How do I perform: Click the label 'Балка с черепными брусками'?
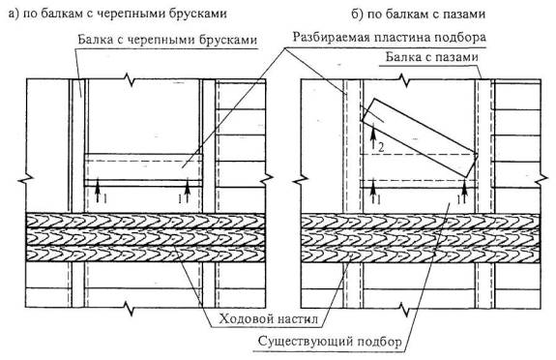(x=167, y=39)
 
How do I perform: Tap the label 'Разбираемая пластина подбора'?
(x=389, y=37)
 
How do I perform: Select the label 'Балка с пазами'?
(x=432, y=57)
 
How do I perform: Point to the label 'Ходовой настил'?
(x=268, y=318)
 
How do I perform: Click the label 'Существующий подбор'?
(x=330, y=342)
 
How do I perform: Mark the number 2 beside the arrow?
(x=381, y=147)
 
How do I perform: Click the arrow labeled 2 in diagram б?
(x=373, y=136)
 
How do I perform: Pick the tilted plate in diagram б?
(x=420, y=137)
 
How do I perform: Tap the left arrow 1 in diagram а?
(x=98, y=192)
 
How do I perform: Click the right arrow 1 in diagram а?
(x=188, y=192)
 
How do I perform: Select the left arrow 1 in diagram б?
(x=373, y=192)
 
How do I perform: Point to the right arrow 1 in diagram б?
(x=464, y=192)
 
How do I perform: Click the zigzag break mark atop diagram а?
(x=131, y=79)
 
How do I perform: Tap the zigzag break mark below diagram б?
(x=404, y=309)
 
